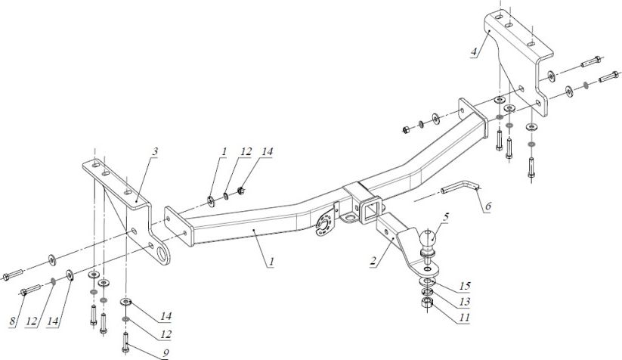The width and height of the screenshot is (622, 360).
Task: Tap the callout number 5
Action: tap(446, 217)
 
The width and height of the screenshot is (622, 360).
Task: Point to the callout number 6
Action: tap(488, 204)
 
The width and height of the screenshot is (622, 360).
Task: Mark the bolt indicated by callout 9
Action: tap(125, 340)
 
